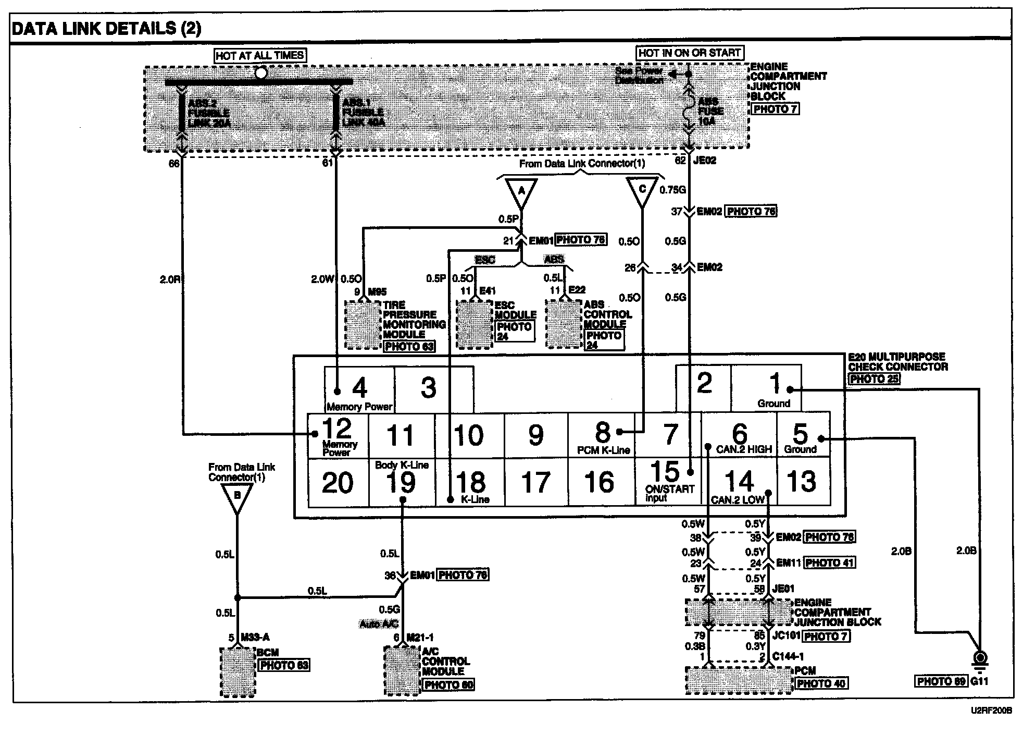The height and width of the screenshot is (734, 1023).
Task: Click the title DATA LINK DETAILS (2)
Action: click(106, 28)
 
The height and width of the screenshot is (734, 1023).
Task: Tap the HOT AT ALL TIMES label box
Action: click(259, 55)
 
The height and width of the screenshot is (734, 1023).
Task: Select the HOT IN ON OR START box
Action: click(690, 53)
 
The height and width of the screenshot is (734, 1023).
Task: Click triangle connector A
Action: click(521, 192)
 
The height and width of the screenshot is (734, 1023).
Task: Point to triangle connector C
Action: click(642, 191)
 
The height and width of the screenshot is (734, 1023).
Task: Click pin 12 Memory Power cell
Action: click(338, 436)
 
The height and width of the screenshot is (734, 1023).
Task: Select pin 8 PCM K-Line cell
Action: click(602, 436)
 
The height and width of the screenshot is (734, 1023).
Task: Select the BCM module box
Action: click(238, 672)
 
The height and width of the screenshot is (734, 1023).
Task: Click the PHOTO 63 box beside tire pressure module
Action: click(409, 346)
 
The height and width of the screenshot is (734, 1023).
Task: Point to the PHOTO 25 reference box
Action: click(874, 379)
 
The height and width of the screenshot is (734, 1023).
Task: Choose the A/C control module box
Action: click(402, 671)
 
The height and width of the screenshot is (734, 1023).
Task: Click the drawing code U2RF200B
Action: click(990, 710)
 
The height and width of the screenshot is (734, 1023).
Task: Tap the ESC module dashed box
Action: click(474, 324)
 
